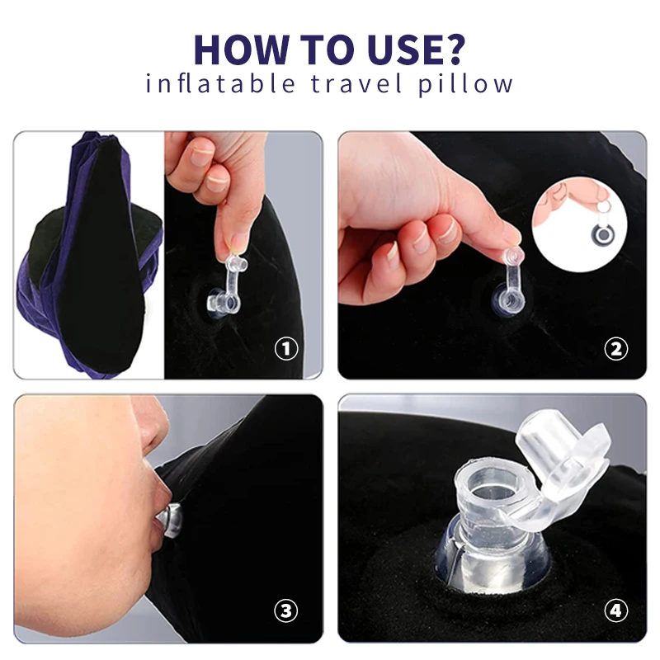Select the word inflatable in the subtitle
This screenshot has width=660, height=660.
tap(220, 83)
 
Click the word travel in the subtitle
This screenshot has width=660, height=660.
tap(356, 83)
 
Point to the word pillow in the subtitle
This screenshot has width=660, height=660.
tap(465, 84)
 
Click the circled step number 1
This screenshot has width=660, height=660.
tap(286, 348)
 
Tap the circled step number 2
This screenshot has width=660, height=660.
tap(615, 349)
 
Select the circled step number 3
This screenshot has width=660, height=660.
tap(286, 610)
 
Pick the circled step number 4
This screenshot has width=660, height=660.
tap(615, 610)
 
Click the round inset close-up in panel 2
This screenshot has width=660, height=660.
tap(580, 224)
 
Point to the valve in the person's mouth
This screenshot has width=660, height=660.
tap(170, 521)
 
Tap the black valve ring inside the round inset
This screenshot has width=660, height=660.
tap(602, 233)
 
